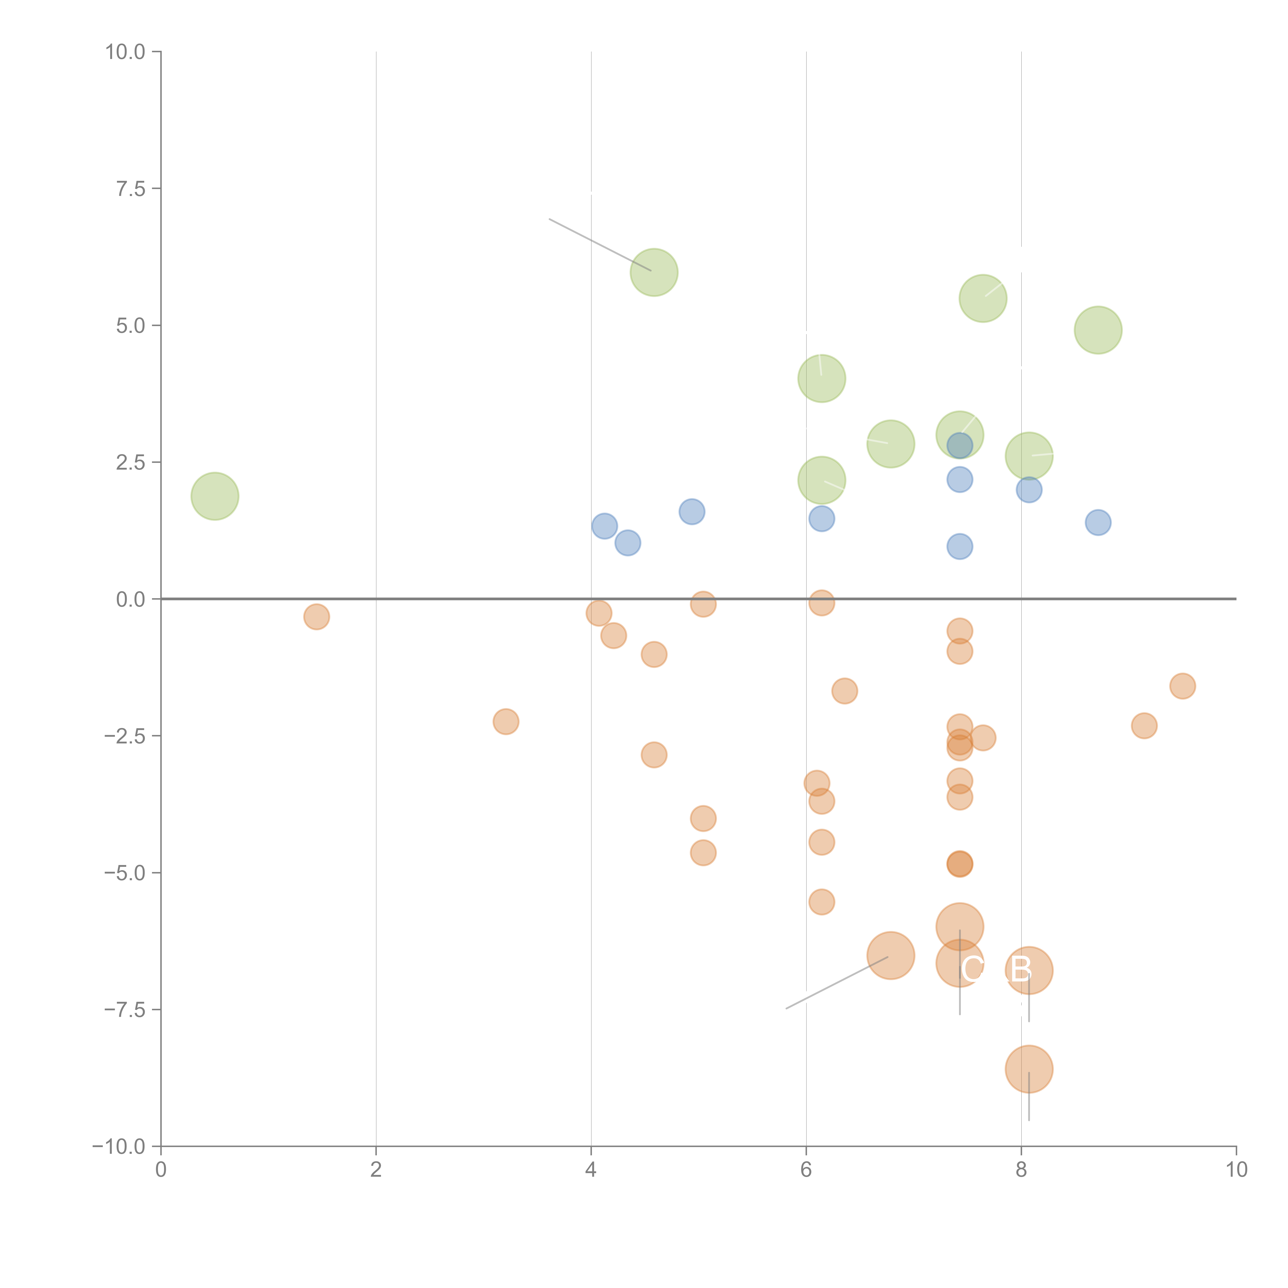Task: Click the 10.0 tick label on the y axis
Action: pos(125,52)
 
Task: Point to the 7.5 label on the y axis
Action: pos(131,189)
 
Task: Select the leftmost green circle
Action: pos(215,496)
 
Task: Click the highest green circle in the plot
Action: pos(654,272)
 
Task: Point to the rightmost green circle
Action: pos(1098,330)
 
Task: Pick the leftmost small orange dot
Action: pos(317,617)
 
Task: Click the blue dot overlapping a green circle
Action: pos(959,445)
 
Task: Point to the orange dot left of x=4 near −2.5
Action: pos(506,721)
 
